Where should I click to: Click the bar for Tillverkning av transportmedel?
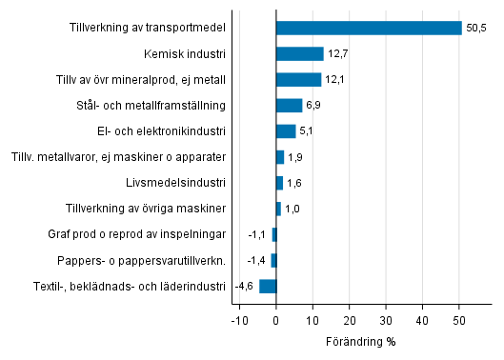coord(369,28)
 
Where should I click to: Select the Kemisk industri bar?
coord(299,53)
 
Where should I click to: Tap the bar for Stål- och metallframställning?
coord(289,105)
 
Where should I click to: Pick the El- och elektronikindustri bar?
coord(286,130)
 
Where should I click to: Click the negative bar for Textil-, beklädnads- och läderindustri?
coord(268,285)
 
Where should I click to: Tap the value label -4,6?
coord(244,285)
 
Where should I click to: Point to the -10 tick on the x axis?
coord(238,321)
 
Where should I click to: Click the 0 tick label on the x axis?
coord(276,321)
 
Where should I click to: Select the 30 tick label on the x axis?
coord(386,321)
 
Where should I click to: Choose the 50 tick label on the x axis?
coord(458,321)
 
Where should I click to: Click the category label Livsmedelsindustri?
coord(175,182)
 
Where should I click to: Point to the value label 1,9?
coord(295,156)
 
